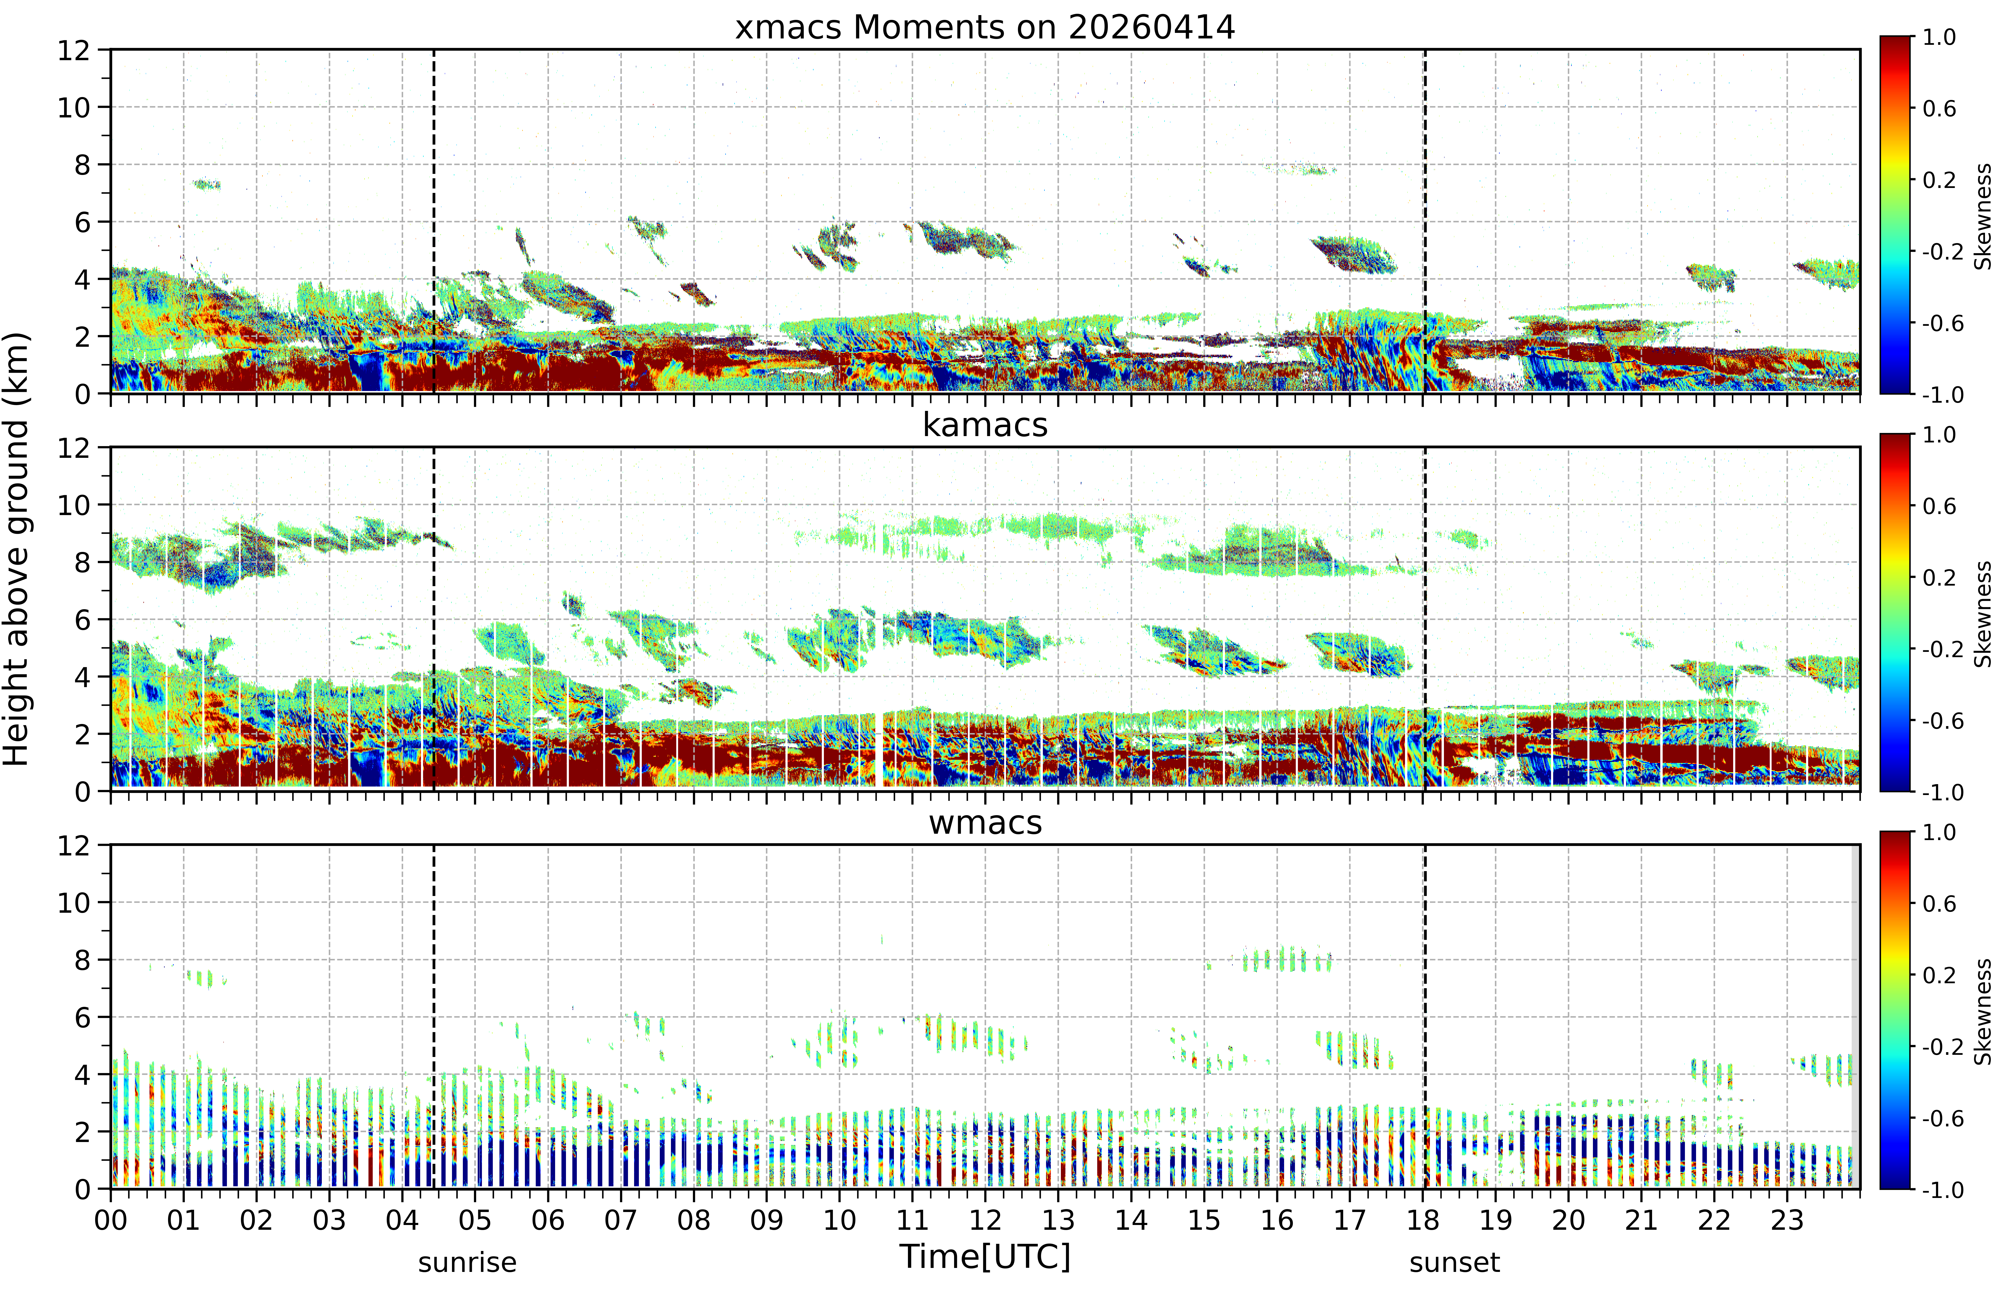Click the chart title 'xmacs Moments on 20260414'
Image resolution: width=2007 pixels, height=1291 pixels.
point(985,28)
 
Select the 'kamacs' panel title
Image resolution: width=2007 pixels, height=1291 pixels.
point(985,425)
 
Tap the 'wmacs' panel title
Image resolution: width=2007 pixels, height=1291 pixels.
point(985,822)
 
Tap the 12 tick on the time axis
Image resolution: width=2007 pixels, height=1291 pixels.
point(985,1220)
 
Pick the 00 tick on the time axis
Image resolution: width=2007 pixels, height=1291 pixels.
point(111,1220)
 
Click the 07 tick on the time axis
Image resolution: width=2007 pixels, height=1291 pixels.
point(620,1220)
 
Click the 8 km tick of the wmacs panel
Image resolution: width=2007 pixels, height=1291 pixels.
point(82,960)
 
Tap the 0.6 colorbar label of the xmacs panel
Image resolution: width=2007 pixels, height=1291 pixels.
point(1939,108)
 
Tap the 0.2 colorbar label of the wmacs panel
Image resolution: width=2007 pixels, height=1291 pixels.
point(1939,975)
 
